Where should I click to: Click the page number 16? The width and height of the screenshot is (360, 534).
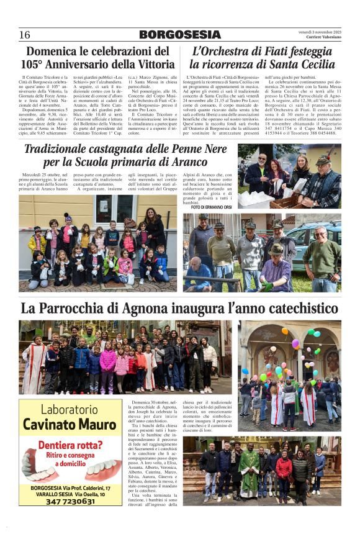coord(24,35)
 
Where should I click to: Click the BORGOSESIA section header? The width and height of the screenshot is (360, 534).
coord(179,35)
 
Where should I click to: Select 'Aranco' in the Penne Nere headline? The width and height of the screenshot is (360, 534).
coord(200,163)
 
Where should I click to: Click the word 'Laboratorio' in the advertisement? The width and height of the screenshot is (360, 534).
coord(70,410)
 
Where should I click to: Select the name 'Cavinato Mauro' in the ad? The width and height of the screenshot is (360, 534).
coord(70,425)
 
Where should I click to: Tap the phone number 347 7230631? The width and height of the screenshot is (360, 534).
coord(70,501)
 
